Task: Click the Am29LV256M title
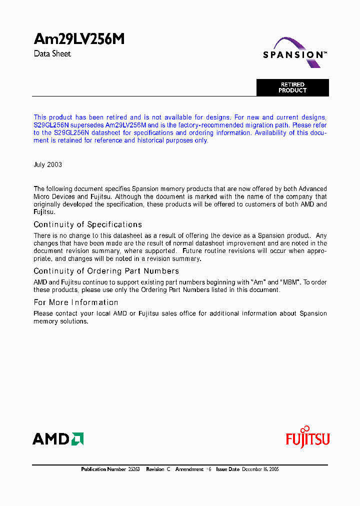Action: [x=79, y=39]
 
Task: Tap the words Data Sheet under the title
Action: [x=52, y=54]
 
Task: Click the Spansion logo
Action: [x=295, y=53]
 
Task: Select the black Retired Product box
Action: [x=292, y=87]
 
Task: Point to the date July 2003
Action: [x=48, y=164]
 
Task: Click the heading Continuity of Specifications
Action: [x=87, y=224]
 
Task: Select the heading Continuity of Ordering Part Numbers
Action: [x=106, y=271]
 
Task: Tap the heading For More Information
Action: [x=76, y=302]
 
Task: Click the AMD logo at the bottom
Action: [x=58, y=439]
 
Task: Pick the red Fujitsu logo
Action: [x=307, y=438]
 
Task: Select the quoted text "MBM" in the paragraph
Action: [x=290, y=282]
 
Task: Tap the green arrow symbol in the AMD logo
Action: [x=77, y=439]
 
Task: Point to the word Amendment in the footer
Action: [x=189, y=469]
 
